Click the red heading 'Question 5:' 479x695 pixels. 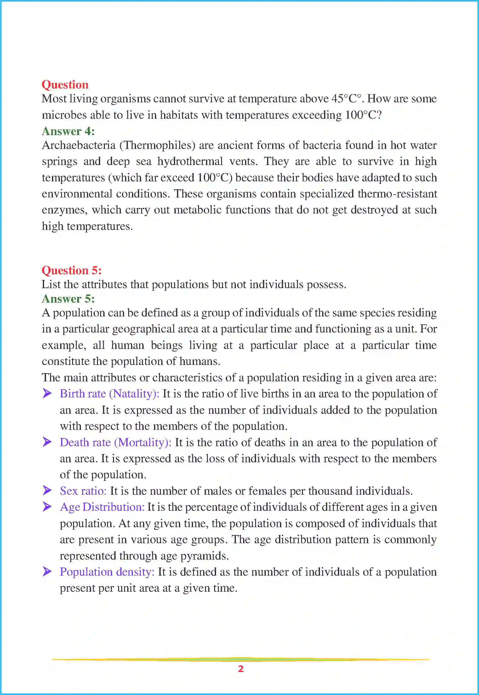click(x=71, y=271)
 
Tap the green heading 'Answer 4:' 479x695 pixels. click(x=68, y=131)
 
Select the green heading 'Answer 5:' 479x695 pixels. click(x=68, y=299)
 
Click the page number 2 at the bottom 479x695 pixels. click(x=241, y=669)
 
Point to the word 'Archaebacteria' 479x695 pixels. click(x=79, y=145)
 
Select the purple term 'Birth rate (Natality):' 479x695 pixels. click(x=109, y=394)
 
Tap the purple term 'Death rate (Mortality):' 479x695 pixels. click(x=115, y=442)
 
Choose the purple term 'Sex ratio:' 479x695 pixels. click(x=83, y=491)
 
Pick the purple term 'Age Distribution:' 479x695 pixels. click(x=102, y=507)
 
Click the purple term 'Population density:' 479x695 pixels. click(x=107, y=572)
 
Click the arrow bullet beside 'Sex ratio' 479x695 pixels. click(x=47, y=490)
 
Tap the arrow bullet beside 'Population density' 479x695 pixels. click(x=47, y=571)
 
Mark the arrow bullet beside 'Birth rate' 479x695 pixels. click(x=47, y=393)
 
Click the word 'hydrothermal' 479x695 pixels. click(x=190, y=162)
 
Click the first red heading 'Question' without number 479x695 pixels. click(x=65, y=85)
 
